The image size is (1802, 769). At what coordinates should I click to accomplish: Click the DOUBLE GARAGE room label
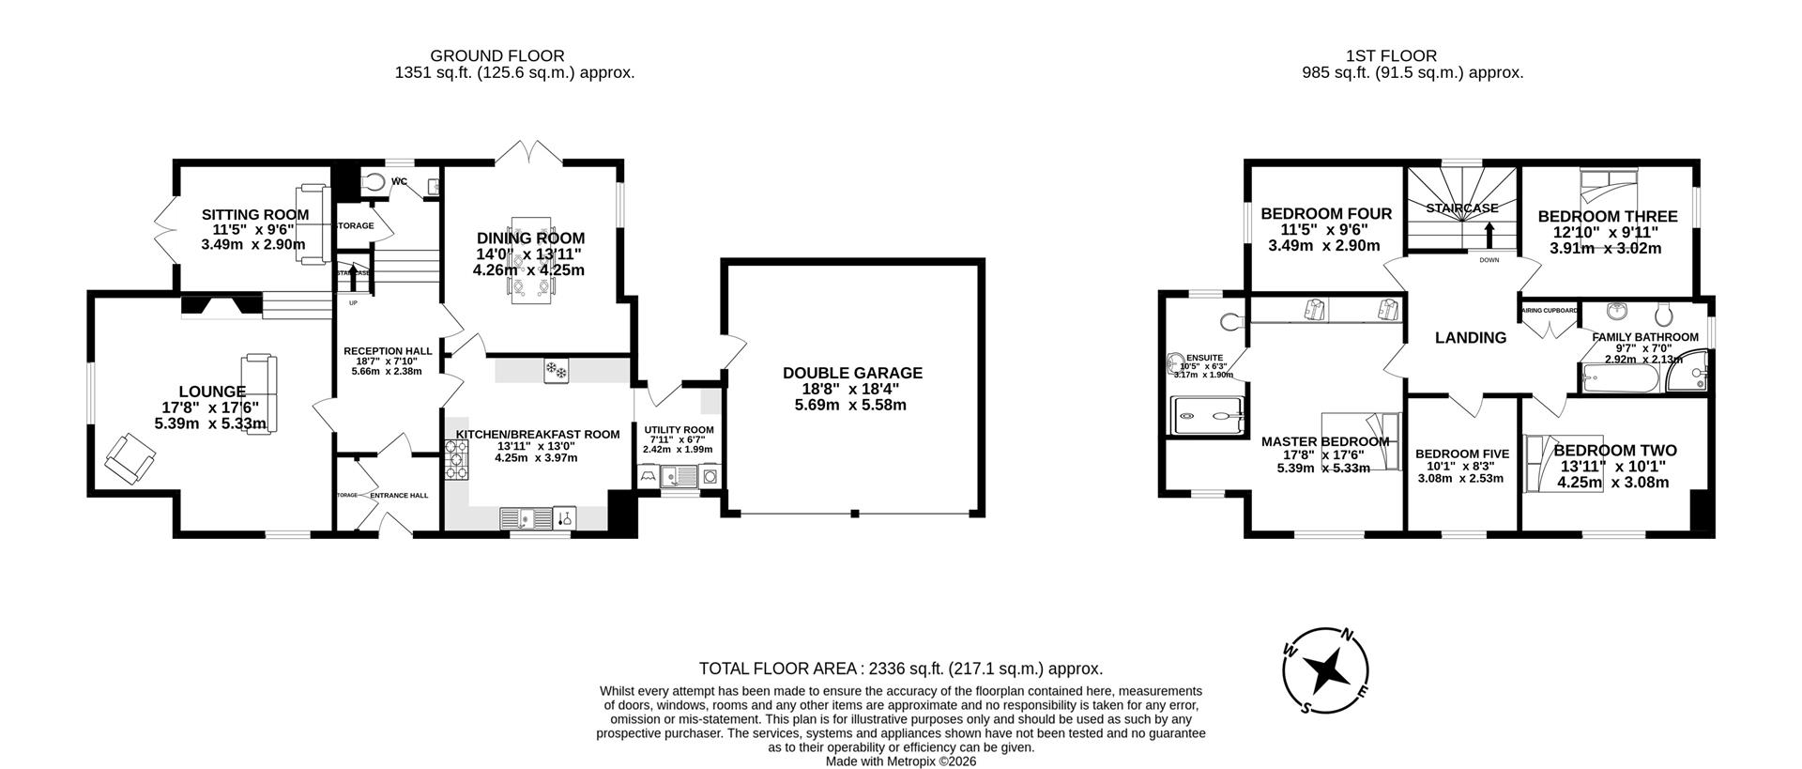(852, 373)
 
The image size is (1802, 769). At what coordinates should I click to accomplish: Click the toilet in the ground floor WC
(373, 182)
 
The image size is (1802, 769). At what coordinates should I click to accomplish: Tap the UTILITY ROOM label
(679, 430)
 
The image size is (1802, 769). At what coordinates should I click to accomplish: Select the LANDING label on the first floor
(1470, 338)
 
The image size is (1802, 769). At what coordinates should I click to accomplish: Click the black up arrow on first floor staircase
(1489, 233)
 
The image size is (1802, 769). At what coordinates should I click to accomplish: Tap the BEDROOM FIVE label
(1461, 454)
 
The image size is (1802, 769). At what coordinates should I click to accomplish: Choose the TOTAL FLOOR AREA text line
(900, 669)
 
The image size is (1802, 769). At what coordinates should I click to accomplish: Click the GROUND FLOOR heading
(496, 56)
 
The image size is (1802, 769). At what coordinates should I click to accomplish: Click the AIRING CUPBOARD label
(1550, 310)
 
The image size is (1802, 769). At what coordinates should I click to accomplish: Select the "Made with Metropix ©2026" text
(900, 761)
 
